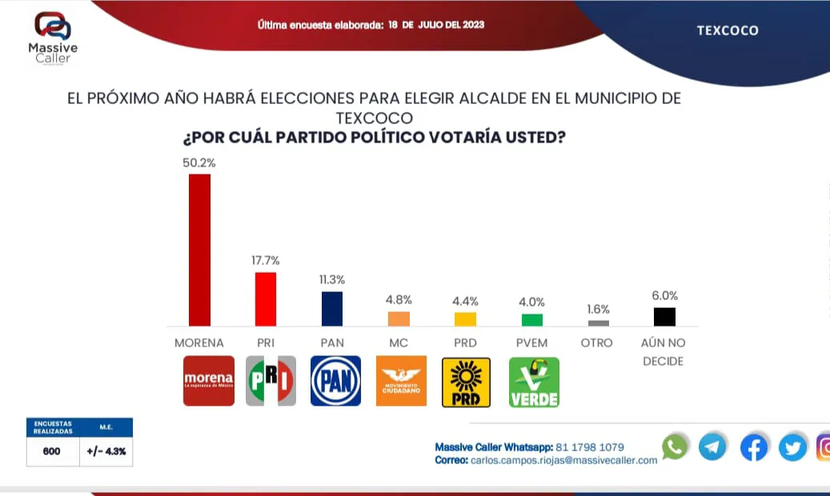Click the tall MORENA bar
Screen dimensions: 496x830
click(199, 250)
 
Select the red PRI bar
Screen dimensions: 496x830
click(266, 299)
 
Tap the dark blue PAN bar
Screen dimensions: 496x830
click(332, 309)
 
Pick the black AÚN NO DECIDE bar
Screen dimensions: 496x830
click(664, 317)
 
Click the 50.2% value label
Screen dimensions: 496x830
click(199, 162)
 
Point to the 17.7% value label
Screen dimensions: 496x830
click(266, 261)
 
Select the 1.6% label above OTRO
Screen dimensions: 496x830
click(598, 310)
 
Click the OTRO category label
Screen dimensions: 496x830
click(597, 343)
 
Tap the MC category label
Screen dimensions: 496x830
click(399, 343)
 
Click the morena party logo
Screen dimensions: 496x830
click(209, 381)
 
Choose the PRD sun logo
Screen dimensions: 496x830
click(466, 382)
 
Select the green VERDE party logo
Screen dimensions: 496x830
click(534, 382)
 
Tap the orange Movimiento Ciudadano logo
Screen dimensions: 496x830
click(402, 381)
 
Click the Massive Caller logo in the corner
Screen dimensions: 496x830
click(53, 37)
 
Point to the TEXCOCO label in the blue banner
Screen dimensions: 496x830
click(728, 31)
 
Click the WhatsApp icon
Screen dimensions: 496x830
click(675, 446)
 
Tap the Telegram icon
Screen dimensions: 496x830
click(712, 446)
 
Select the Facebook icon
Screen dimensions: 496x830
click(753, 447)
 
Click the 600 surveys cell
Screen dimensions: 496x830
click(53, 451)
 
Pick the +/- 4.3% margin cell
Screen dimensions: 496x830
click(106, 451)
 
